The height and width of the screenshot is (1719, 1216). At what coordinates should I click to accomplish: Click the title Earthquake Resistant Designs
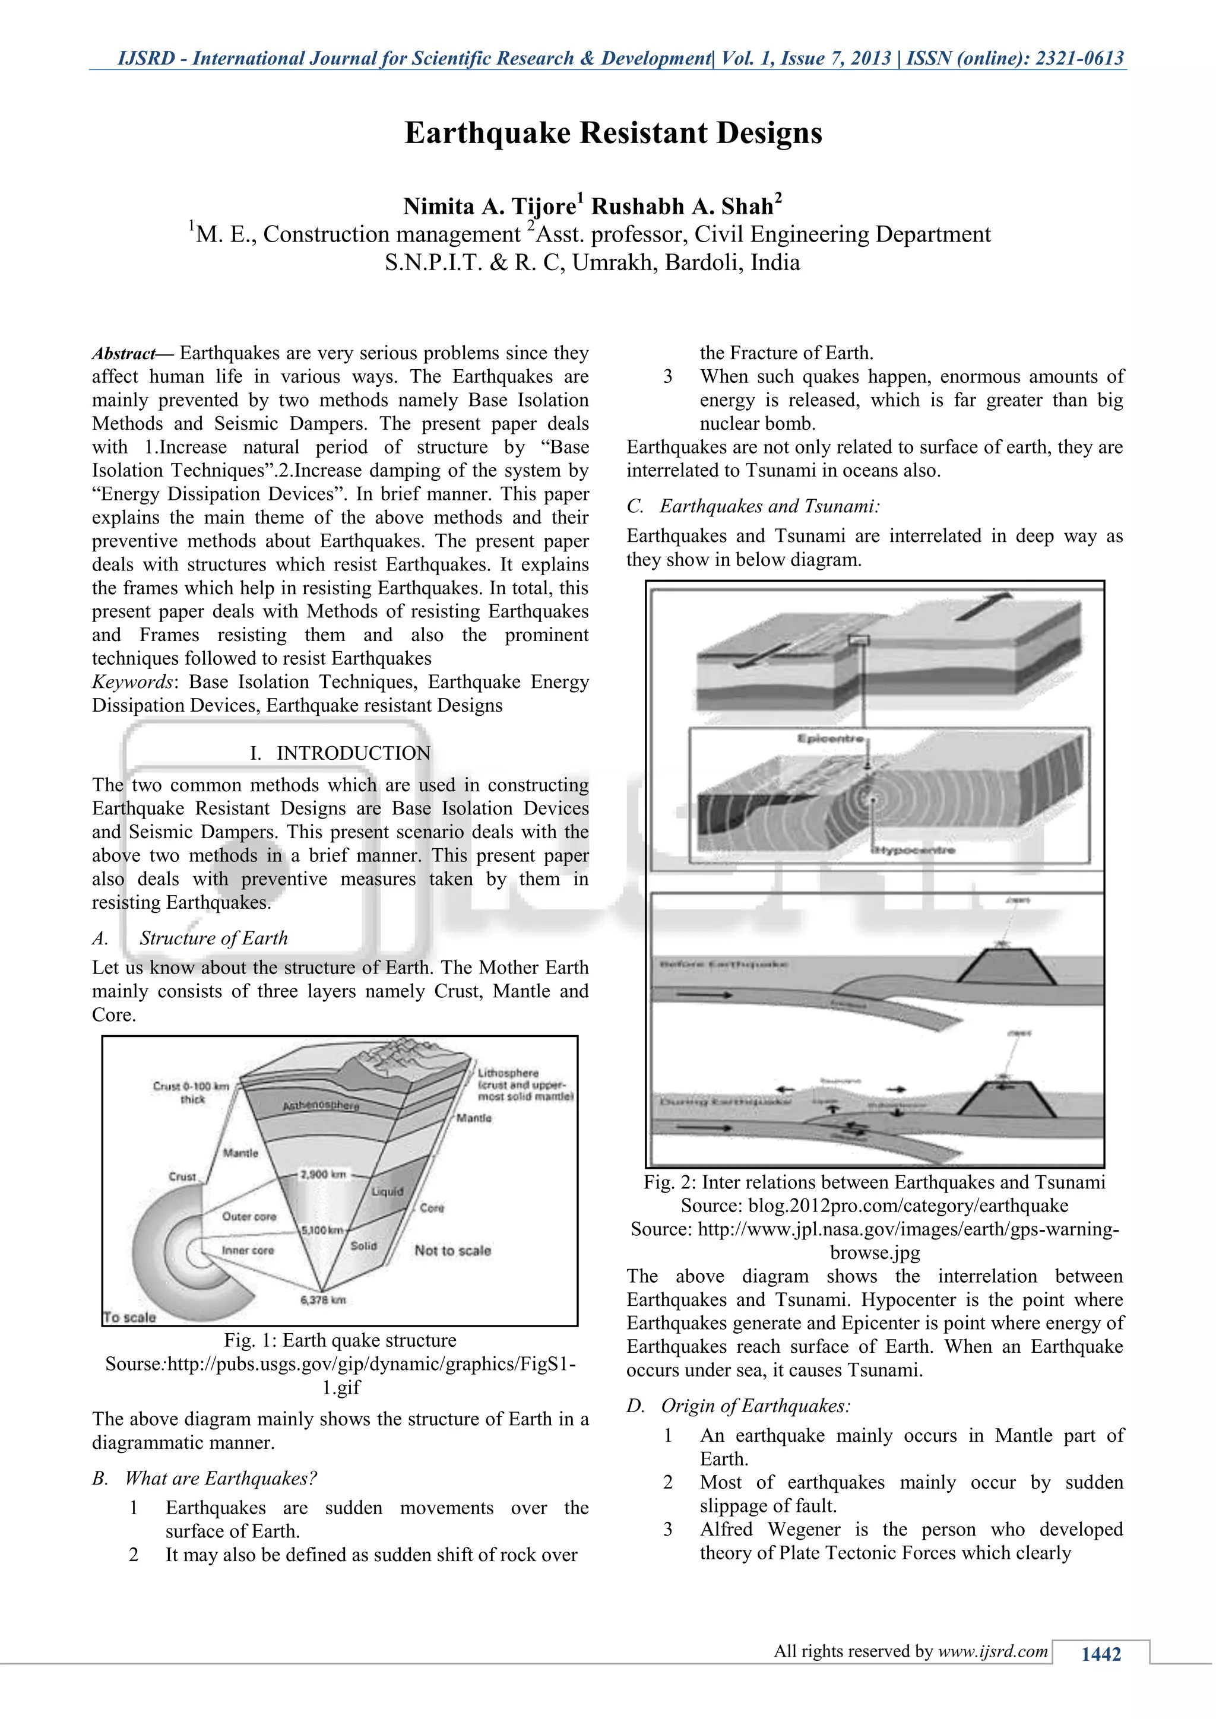point(613,134)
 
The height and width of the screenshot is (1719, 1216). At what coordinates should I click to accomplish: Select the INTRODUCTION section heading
point(353,753)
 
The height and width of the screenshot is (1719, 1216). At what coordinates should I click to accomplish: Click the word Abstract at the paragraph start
point(124,353)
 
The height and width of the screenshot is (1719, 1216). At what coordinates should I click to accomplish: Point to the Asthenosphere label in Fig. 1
point(321,1106)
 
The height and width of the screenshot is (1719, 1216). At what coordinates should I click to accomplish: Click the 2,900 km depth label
point(323,1174)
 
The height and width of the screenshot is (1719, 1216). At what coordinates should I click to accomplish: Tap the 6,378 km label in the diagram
point(323,1300)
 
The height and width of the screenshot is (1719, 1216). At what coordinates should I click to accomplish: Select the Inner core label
point(248,1250)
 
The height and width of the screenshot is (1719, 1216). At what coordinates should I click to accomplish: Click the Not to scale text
point(452,1250)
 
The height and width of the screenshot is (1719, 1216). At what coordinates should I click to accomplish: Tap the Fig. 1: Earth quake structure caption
point(340,1340)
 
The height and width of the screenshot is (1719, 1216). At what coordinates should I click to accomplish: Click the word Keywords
point(132,682)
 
